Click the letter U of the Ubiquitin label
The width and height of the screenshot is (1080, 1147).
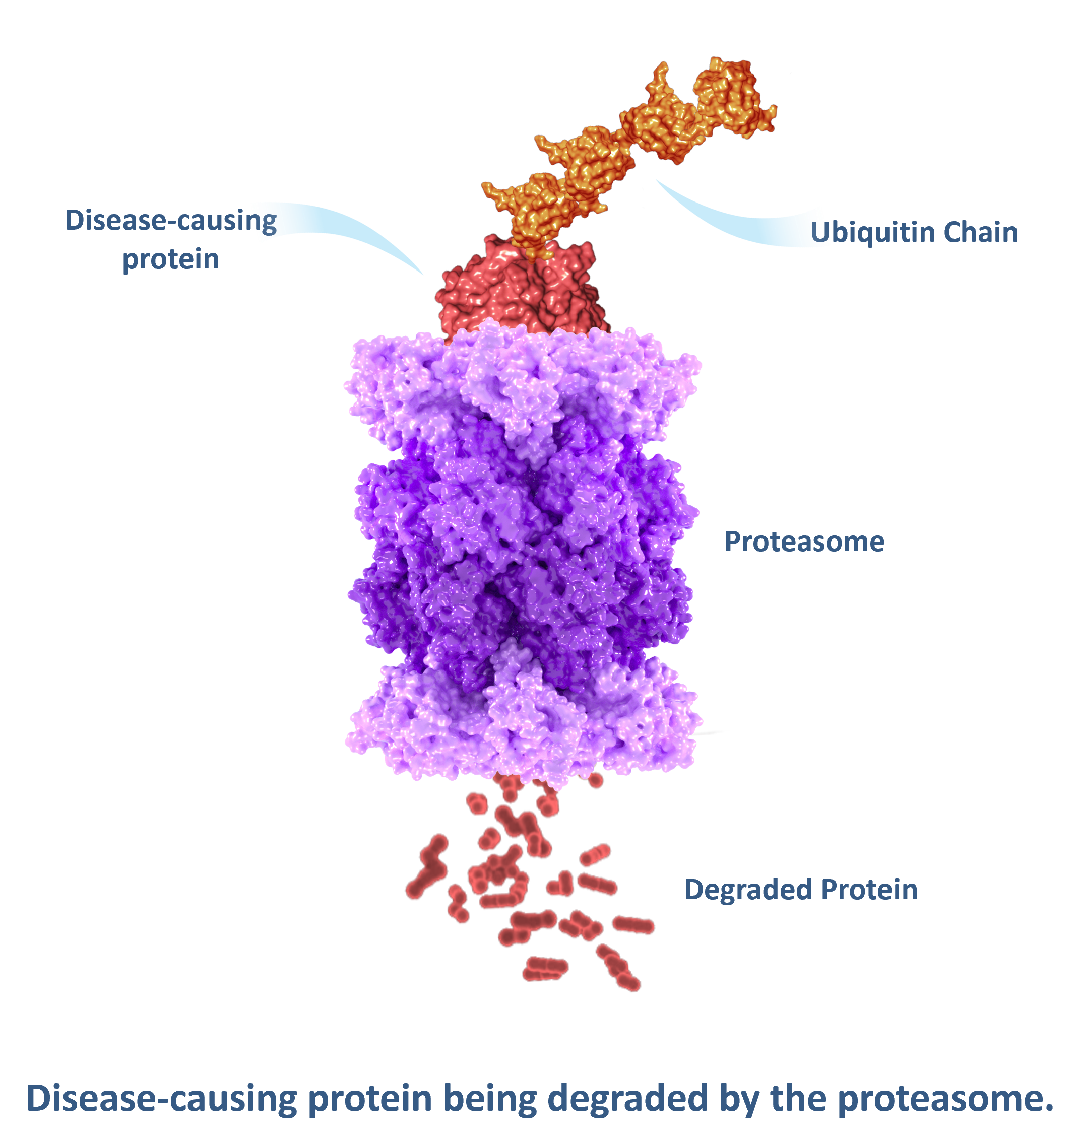click(819, 233)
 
